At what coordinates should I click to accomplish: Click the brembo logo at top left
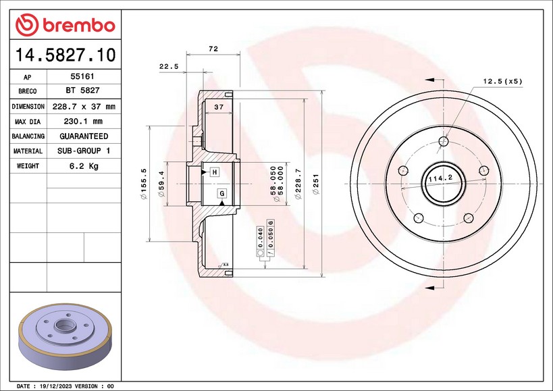pos(65,25)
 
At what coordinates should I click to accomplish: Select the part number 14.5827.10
pos(65,55)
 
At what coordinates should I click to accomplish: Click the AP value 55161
pos(82,76)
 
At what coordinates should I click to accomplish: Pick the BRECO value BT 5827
pos(82,90)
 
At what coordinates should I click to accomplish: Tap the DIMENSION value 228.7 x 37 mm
pos(84,107)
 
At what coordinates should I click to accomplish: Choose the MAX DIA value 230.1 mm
pos(83,122)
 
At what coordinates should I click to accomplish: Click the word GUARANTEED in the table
pos(84,136)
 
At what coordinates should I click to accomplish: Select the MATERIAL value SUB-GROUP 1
pos(84,151)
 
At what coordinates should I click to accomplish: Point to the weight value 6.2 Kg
pos(84,165)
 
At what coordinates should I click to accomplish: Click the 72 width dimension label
pos(213,49)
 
